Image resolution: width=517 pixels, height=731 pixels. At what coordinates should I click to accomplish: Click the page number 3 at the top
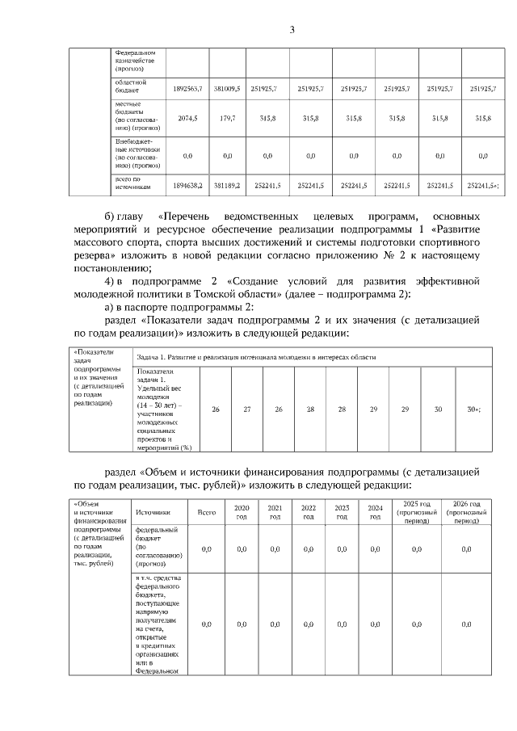(292, 31)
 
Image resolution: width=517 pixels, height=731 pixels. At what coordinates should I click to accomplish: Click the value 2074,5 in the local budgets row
(185, 118)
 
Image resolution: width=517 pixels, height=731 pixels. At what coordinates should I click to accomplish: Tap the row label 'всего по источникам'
(132, 184)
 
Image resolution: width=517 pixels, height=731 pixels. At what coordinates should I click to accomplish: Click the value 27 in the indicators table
(246, 410)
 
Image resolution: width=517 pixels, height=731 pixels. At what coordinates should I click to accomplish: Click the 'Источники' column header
(153, 511)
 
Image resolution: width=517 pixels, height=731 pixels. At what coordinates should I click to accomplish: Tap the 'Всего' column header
(206, 511)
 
